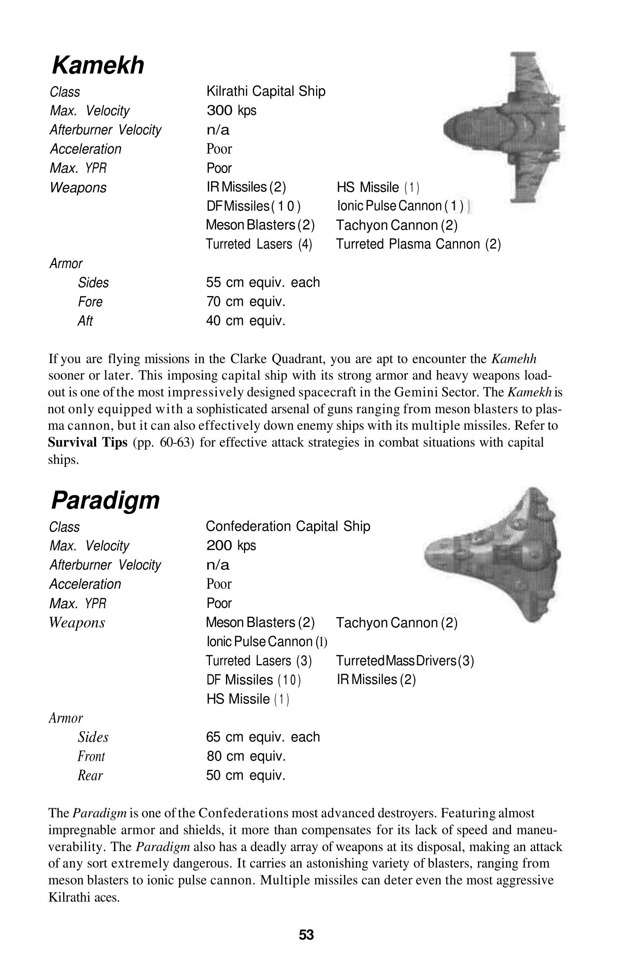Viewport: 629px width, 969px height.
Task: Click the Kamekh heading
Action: (98, 65)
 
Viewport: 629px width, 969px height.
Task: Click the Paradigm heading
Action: (105, 500)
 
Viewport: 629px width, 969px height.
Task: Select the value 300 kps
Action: (231, 110)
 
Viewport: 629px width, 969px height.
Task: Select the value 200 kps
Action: (231, 545)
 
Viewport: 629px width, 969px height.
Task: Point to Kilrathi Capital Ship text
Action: (265, 91)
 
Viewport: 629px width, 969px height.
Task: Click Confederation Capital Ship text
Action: (288, 526)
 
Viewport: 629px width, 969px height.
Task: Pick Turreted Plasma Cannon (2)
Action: (418, 244)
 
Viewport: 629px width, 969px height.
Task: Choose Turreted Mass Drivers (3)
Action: (405, 660)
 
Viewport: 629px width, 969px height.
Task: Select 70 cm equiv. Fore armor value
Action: (246, 302)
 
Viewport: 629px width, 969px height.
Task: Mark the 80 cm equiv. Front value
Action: (246, 756)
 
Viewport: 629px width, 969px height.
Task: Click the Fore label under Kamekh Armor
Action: (90, 302)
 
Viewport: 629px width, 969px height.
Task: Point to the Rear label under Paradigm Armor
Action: (90, 775)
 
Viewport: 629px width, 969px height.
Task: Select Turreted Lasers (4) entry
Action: (259, 244)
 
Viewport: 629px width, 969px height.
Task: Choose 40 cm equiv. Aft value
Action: (246, 321)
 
